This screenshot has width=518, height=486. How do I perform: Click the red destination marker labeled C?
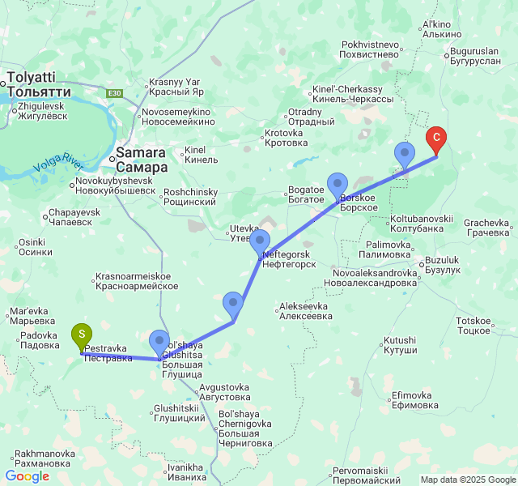436,139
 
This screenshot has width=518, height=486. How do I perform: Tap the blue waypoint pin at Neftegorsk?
260,241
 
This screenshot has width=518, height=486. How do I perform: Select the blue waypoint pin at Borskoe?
337,185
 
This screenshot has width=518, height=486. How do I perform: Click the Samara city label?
142,159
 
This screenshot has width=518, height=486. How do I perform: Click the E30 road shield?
115,93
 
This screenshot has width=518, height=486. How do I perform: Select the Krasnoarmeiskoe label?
136,281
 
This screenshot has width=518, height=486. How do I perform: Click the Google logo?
27,476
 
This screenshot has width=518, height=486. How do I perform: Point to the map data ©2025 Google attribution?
467,480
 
